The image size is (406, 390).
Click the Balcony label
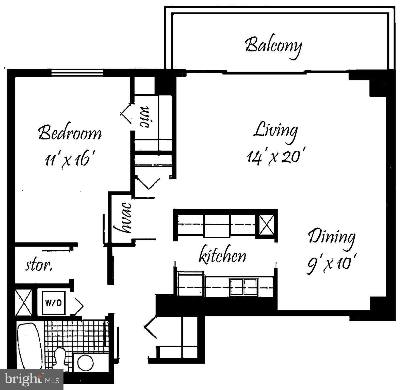pyautogui.click(x=274, y=46)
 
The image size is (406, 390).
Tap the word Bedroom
pyautogui.click(x=70, y=133)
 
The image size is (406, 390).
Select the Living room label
pyautogui.click(x=275, y=130)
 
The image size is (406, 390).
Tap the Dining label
pyautogui.click(x=332, y=237)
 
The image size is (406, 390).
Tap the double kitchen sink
pyautogui.click(x=243, y=287)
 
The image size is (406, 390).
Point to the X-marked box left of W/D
pyautogui.click(x=23, y=302)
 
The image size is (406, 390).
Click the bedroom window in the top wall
pyautogui.click(x=77, y=72)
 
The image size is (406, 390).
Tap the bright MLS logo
pyautogui.click(x=31, y=380)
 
